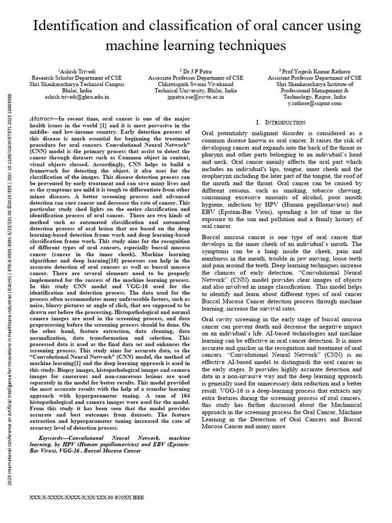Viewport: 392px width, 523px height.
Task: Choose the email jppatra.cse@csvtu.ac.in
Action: (x=196, y=96)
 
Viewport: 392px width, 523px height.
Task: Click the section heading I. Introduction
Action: (x=282, y=123)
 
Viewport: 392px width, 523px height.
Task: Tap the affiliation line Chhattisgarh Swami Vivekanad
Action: (x=196, y=84)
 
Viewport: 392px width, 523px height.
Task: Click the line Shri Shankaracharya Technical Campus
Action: (x=77, y=84)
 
